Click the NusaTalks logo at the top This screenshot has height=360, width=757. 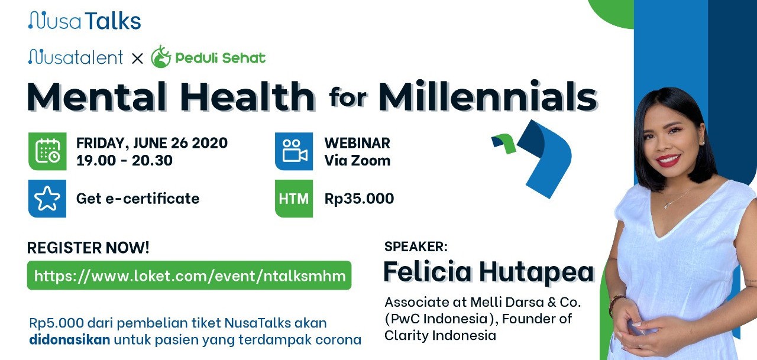click(x=85, y=20)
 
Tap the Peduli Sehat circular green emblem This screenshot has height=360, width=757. click(x=161, y=57)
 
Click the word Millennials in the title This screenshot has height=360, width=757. click(x=488, y=96)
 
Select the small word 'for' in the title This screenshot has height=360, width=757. click(x=348, y=97)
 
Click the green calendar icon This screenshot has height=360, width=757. click(x=47, y=151)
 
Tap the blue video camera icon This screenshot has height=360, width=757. click(x=294, y=151)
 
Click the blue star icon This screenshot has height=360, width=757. click(x=47, y=199)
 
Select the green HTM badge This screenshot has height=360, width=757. click(x=294, y=199)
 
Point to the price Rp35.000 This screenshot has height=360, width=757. click(x=359, y=199)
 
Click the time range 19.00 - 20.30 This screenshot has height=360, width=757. click(x=124, y=160)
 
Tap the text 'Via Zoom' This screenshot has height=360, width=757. click(x=357, y=160)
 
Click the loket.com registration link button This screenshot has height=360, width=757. click(x=189, y=275)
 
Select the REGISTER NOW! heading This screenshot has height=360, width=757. click(x=88, y=248)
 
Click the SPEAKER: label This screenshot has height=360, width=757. click(x=416, y=247)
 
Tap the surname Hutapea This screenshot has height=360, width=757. click(x=536, y=272)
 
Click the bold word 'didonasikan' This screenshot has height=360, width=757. click(x=70, y=340)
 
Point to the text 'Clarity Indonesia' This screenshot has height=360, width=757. click(x=441, y=335)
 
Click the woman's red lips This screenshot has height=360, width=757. click(x=668, y=160)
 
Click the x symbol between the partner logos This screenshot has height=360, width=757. click(x=137, y=59)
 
